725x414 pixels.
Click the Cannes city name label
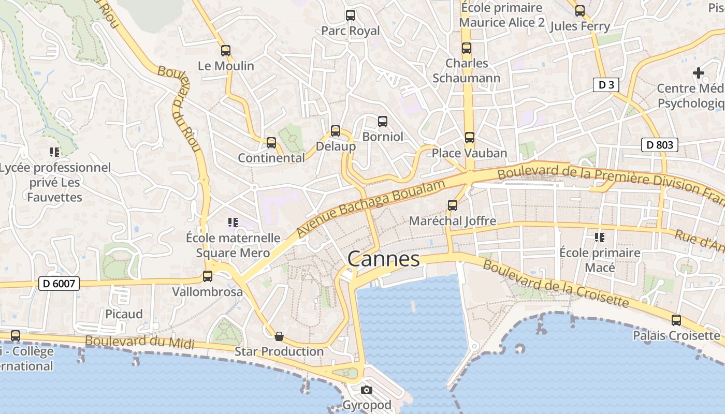pyautogui.click(x=383, y=259)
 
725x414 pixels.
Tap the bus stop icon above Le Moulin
pyautogui.click(x=226, y=51)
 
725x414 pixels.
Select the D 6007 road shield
pyautogui.click(x=59, y=284)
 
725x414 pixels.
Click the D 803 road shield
pyautogui.click(x=660, y=145)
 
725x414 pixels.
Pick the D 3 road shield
pyautogui.click(x=606, y=85)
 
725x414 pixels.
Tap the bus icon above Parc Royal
pyautogui.click(x=351, y=16)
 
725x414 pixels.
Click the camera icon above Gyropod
pyautogui.click(x=367, y=390)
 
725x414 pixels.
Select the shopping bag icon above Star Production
pyautogui.click(x=279, y=336)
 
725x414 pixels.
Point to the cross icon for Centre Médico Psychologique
pyautogui.click(x=699, y=73)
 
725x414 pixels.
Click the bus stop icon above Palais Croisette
pyautogui.click(x=676, y=320)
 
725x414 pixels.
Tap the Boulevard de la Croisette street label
pyautogui.click(x=556, y=284)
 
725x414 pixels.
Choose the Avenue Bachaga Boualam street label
pyautogui.click(x=371, y=209)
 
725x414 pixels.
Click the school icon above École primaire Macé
pyautogui.click(x=600, y=238)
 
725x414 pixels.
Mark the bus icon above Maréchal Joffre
pyautogui.click(x=453, y=205)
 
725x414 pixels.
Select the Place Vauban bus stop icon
pyautogui.click(x=470, y=138)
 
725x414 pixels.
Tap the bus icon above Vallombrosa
pyautogui.click(x=208, y=276)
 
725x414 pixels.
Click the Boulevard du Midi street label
pyautogui.click(x=139, y=342)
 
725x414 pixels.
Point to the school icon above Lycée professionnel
pyautogui.click(x=54, y=152)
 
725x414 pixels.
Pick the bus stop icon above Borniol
pyautogui.click(x=383, y=122)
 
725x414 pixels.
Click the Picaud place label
pyautogui.click(x=124, y=314)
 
